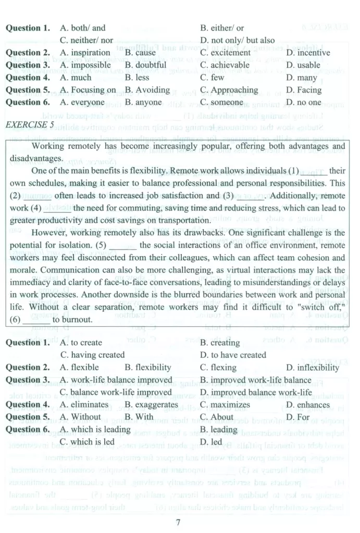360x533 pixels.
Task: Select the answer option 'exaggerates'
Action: pos(152,405)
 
